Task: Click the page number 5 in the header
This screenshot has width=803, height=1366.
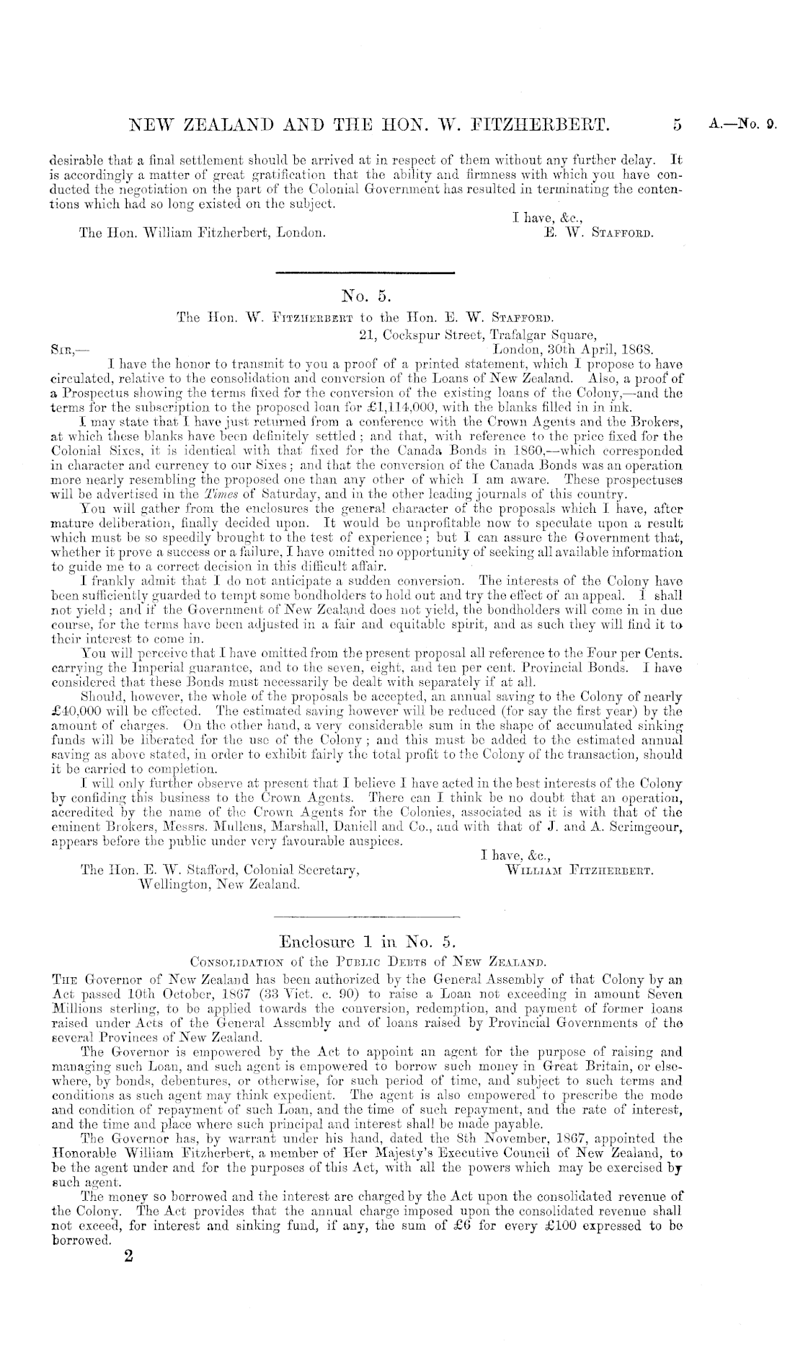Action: pyautogui.click(x=676, y=126)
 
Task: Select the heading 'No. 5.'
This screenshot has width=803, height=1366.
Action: pyautogui.click(x=365, y=295)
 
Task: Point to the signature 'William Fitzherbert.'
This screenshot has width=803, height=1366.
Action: pyautogui.click(x=581, y=871)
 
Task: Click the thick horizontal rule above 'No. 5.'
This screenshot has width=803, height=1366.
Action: pyautogui.click(x=365, y=273)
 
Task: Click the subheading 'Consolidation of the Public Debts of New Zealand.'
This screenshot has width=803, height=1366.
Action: pyautogui.click(x=365, y=961)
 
